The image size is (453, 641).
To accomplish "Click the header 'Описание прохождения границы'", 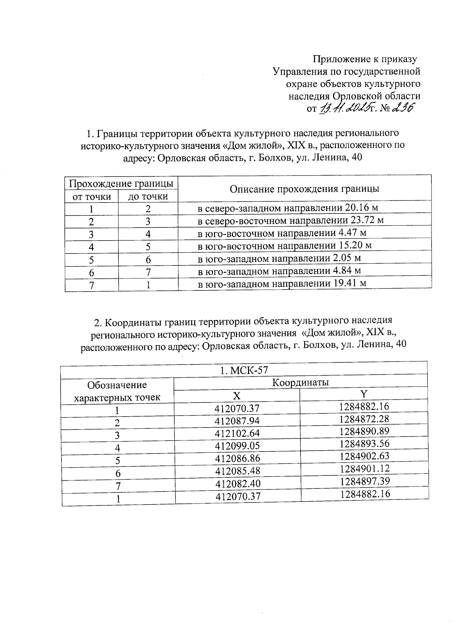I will [x=304, y=189].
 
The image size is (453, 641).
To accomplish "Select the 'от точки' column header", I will [x=92, y=197].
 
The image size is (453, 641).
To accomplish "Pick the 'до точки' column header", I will [x=148, y=197].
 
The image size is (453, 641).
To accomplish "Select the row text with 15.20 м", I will [x=285, y=246].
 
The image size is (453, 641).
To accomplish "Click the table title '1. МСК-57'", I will [x=244, y=371].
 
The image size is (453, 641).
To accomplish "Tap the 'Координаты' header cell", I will [x=300, y=383].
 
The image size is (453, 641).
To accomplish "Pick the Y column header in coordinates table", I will [x=364, y=394].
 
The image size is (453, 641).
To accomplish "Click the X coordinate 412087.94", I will [x=237, y=421].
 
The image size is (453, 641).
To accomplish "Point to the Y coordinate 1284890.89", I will [x=364, y=431].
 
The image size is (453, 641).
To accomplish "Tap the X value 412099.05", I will [x=237, y=446].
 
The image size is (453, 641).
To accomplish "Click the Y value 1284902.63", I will [x=364, y=456].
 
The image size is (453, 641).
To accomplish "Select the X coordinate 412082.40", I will [x=238, y=484].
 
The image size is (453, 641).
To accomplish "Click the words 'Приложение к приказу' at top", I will [x=365, y=59].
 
